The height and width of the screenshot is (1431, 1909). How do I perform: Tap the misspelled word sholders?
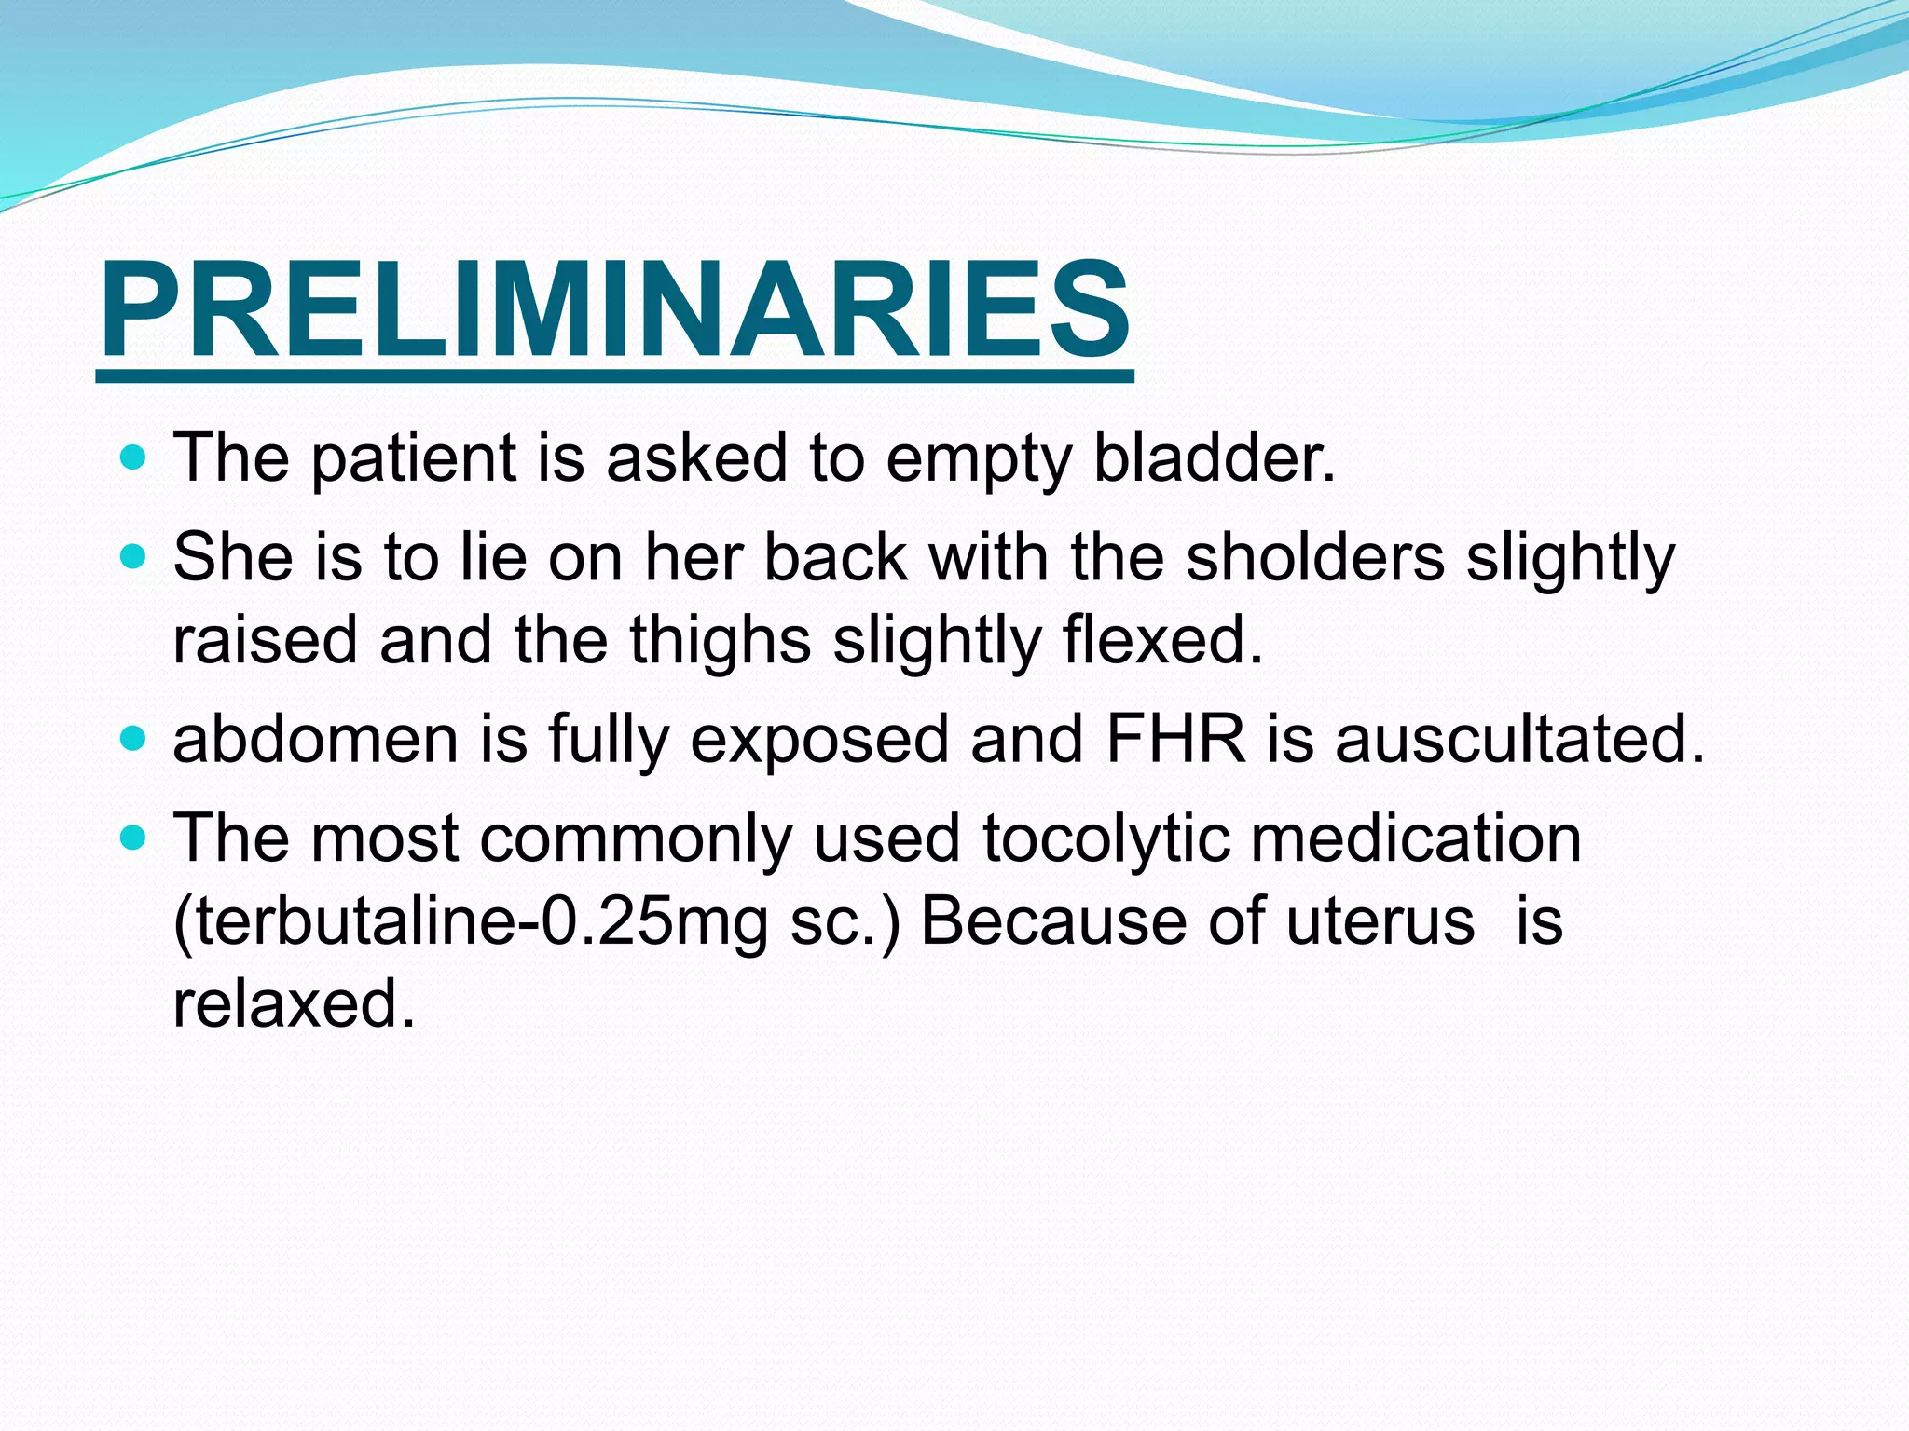click(1314, 557)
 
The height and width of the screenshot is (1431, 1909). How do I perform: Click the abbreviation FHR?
click(1175, 739)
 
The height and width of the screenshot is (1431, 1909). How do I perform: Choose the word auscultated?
click(1519, 739)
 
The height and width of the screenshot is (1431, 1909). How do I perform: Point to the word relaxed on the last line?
click(294, 1003)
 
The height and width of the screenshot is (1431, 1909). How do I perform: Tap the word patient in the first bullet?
click(413, 459)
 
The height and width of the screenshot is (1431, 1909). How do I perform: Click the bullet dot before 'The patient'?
click(134, 457)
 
